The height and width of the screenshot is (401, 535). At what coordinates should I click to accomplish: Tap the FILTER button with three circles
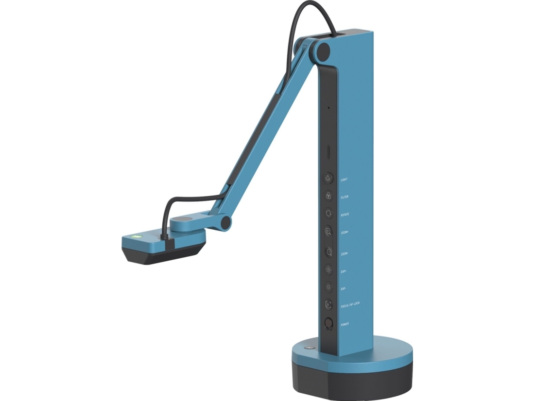(x=329, y=196)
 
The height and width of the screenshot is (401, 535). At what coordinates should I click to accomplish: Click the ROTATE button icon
(x=329, y=213)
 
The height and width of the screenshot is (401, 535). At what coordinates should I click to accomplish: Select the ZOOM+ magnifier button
(x=329, y=232)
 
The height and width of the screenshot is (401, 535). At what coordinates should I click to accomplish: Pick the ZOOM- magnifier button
(x=329, y=252)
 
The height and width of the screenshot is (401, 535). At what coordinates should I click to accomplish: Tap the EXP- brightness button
(x=329, y=287)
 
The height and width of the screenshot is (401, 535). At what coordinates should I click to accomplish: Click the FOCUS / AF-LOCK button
(x=329, y=304)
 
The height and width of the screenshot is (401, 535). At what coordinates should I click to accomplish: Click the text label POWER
(x=345, y=324)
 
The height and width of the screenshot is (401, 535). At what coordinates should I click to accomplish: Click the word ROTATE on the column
(x=345, y=214)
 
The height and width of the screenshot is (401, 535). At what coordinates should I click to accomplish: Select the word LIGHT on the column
(x=344, y=180)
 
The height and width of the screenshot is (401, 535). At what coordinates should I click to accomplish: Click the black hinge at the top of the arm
(x=322, y=50)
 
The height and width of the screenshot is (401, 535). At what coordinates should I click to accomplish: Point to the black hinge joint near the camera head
(x=225, y=222)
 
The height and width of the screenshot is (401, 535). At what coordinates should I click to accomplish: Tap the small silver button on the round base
(x=307, y=348)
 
